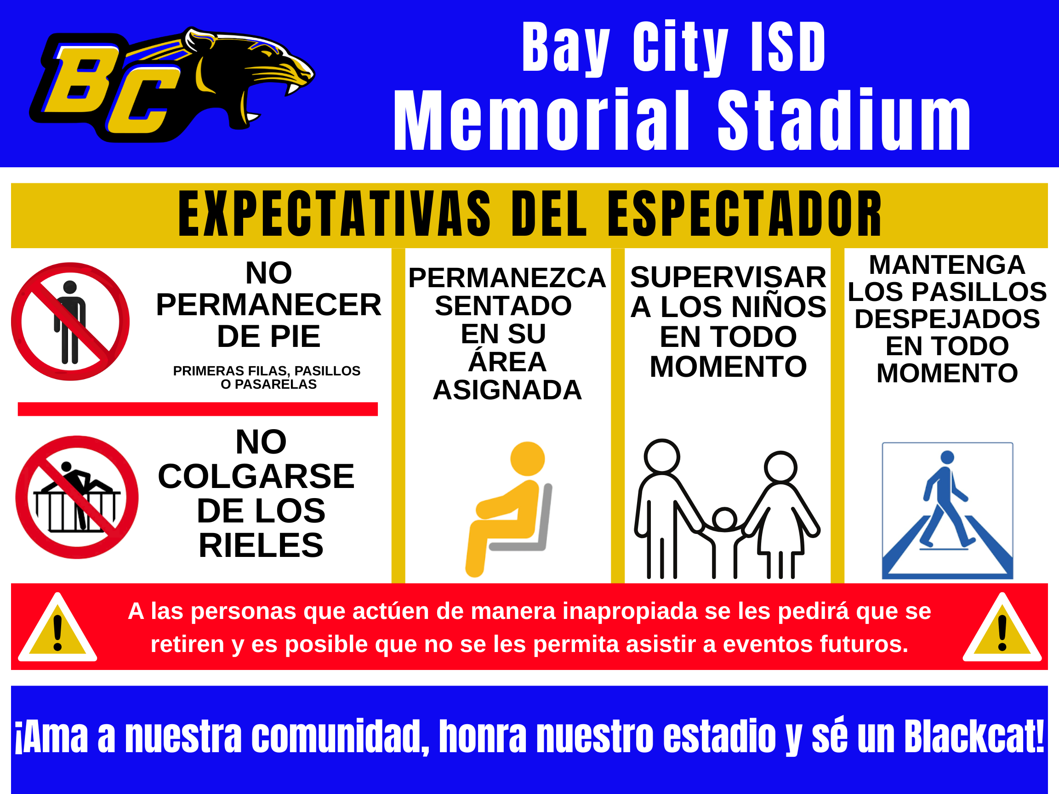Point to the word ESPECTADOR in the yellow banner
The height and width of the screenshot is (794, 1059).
click(x=745, y=214)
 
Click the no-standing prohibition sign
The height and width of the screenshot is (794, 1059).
click(x=70, y=322)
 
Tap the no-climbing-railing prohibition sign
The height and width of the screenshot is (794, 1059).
click(x=77, y=497)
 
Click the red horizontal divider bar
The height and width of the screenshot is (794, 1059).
click(x=198, y=409)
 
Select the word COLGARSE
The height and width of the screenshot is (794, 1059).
click(x=256, y=476)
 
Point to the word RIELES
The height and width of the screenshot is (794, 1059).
click(x=262, y=545)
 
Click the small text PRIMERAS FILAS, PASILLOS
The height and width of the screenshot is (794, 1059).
click(x=267, y=371)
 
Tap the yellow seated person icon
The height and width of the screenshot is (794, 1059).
click(x=509, y=509)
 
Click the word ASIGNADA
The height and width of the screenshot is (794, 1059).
click(x=507, y=390)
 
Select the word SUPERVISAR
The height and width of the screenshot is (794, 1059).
click(x=728, y=277)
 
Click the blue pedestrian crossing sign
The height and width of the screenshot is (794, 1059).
click(x=947, y=510)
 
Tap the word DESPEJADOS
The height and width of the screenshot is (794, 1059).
click(x=947, y=319)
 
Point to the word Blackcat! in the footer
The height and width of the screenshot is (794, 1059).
click(x=975, y=737)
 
